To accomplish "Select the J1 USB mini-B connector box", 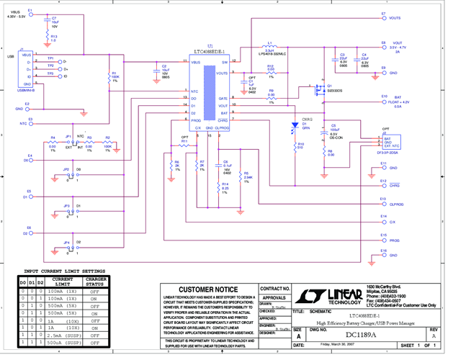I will point(26,70).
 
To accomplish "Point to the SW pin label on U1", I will point(224,63).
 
